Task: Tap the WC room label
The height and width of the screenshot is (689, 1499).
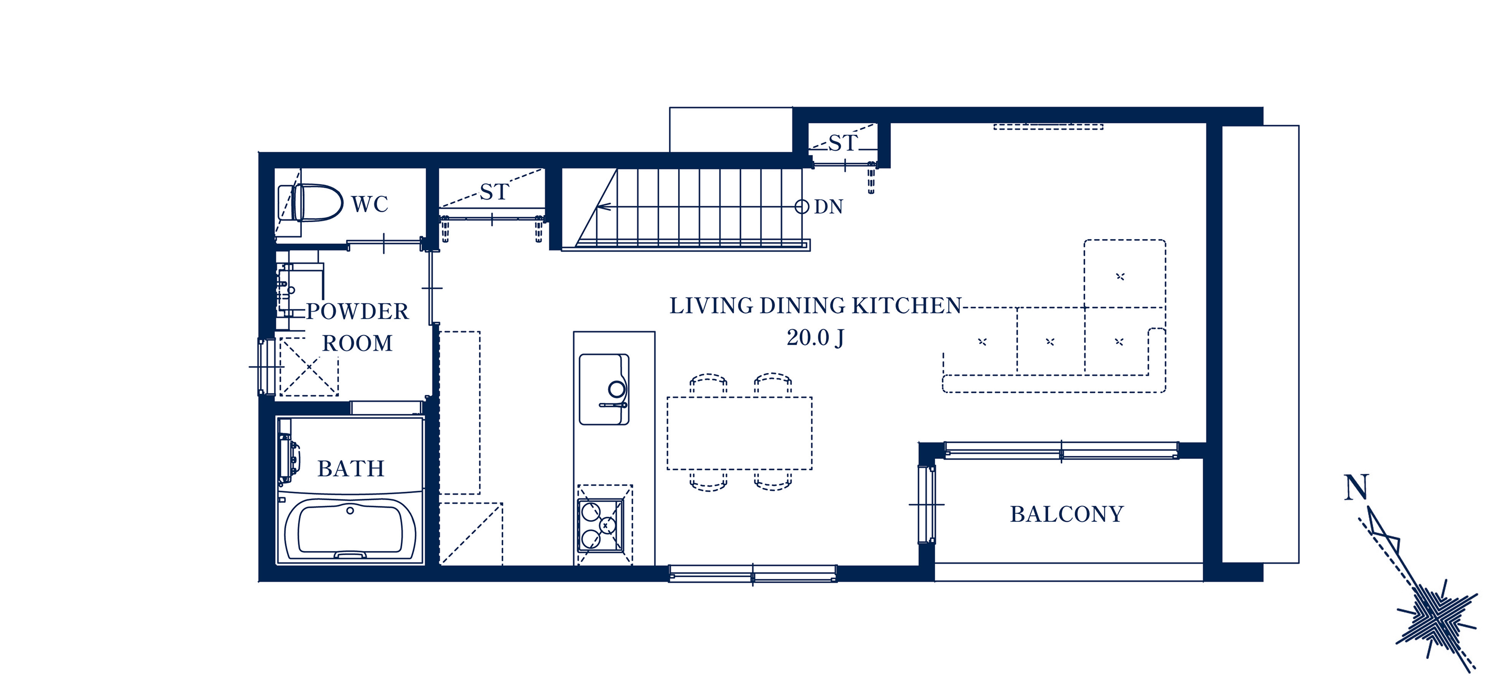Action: pyautogui.click(x=370, y=204)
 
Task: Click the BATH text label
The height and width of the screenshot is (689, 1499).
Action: pyautogui.click(x=351, y=469)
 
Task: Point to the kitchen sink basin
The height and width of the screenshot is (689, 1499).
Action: pyautogui.click(x=604, y=389)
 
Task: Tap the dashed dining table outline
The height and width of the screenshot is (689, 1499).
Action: pyautogui.click(x=739, y=433)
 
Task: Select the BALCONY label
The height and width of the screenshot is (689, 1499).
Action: pyautogui.click(x=1067, y=514)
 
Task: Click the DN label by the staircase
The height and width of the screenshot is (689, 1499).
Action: pyautogui.click(x=828, y=207)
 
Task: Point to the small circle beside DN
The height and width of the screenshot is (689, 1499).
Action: pyautogui.click(x=802, y=206)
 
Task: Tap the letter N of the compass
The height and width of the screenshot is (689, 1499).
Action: pyautogui.click(x=1356, y=487)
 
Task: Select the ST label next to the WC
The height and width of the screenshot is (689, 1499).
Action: pyautogui.click(x=494, y=192)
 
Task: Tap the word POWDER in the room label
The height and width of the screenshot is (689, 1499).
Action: pyautogui.click(x=357, y=312)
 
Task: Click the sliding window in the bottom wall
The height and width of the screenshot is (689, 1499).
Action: pyautogui.click(x=752, y=574)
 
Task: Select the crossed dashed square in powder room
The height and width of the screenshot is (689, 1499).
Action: pyautogui.click(x=309, y=367)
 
